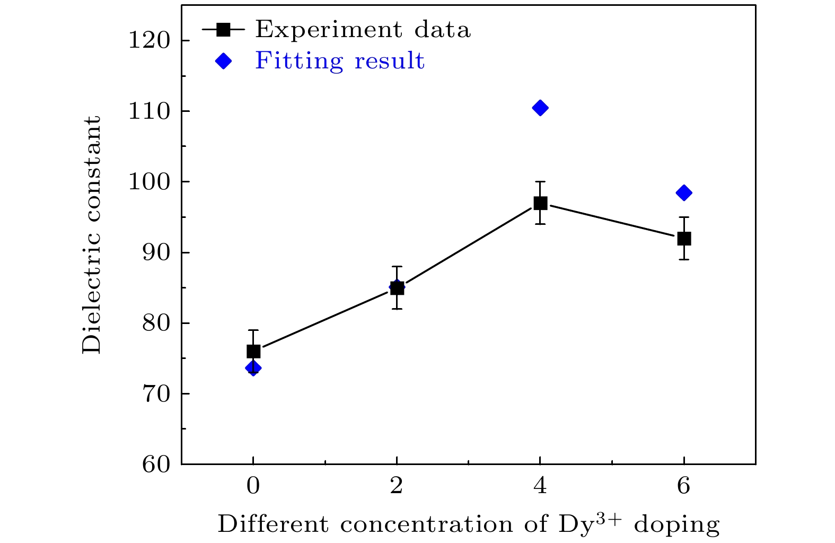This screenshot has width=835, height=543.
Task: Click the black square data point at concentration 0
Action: coord(253,351)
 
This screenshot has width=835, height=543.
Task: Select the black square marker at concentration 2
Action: coord(397,288)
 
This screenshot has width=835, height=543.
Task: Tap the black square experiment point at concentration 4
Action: coord(540,203)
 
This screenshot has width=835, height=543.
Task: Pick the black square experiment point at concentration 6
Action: coord(684,239)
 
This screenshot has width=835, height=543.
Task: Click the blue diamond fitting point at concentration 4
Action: coord(540,108)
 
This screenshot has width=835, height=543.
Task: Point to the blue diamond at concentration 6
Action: coord(684,192)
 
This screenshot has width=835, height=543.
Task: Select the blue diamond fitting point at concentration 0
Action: coord(253,368)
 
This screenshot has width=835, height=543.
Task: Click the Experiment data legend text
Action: coord(363,30)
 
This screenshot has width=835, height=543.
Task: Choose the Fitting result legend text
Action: coord(340,61)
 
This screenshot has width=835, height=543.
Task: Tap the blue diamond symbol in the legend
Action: coord(224,62)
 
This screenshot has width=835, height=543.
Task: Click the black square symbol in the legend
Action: coord(224,30)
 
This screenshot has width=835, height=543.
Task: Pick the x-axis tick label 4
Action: coord(540,486)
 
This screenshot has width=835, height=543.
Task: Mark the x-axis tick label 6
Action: coord(684,486)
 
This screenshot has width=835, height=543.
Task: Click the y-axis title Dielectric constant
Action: coord(91,234)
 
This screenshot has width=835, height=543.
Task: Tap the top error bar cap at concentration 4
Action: coord(540,181)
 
